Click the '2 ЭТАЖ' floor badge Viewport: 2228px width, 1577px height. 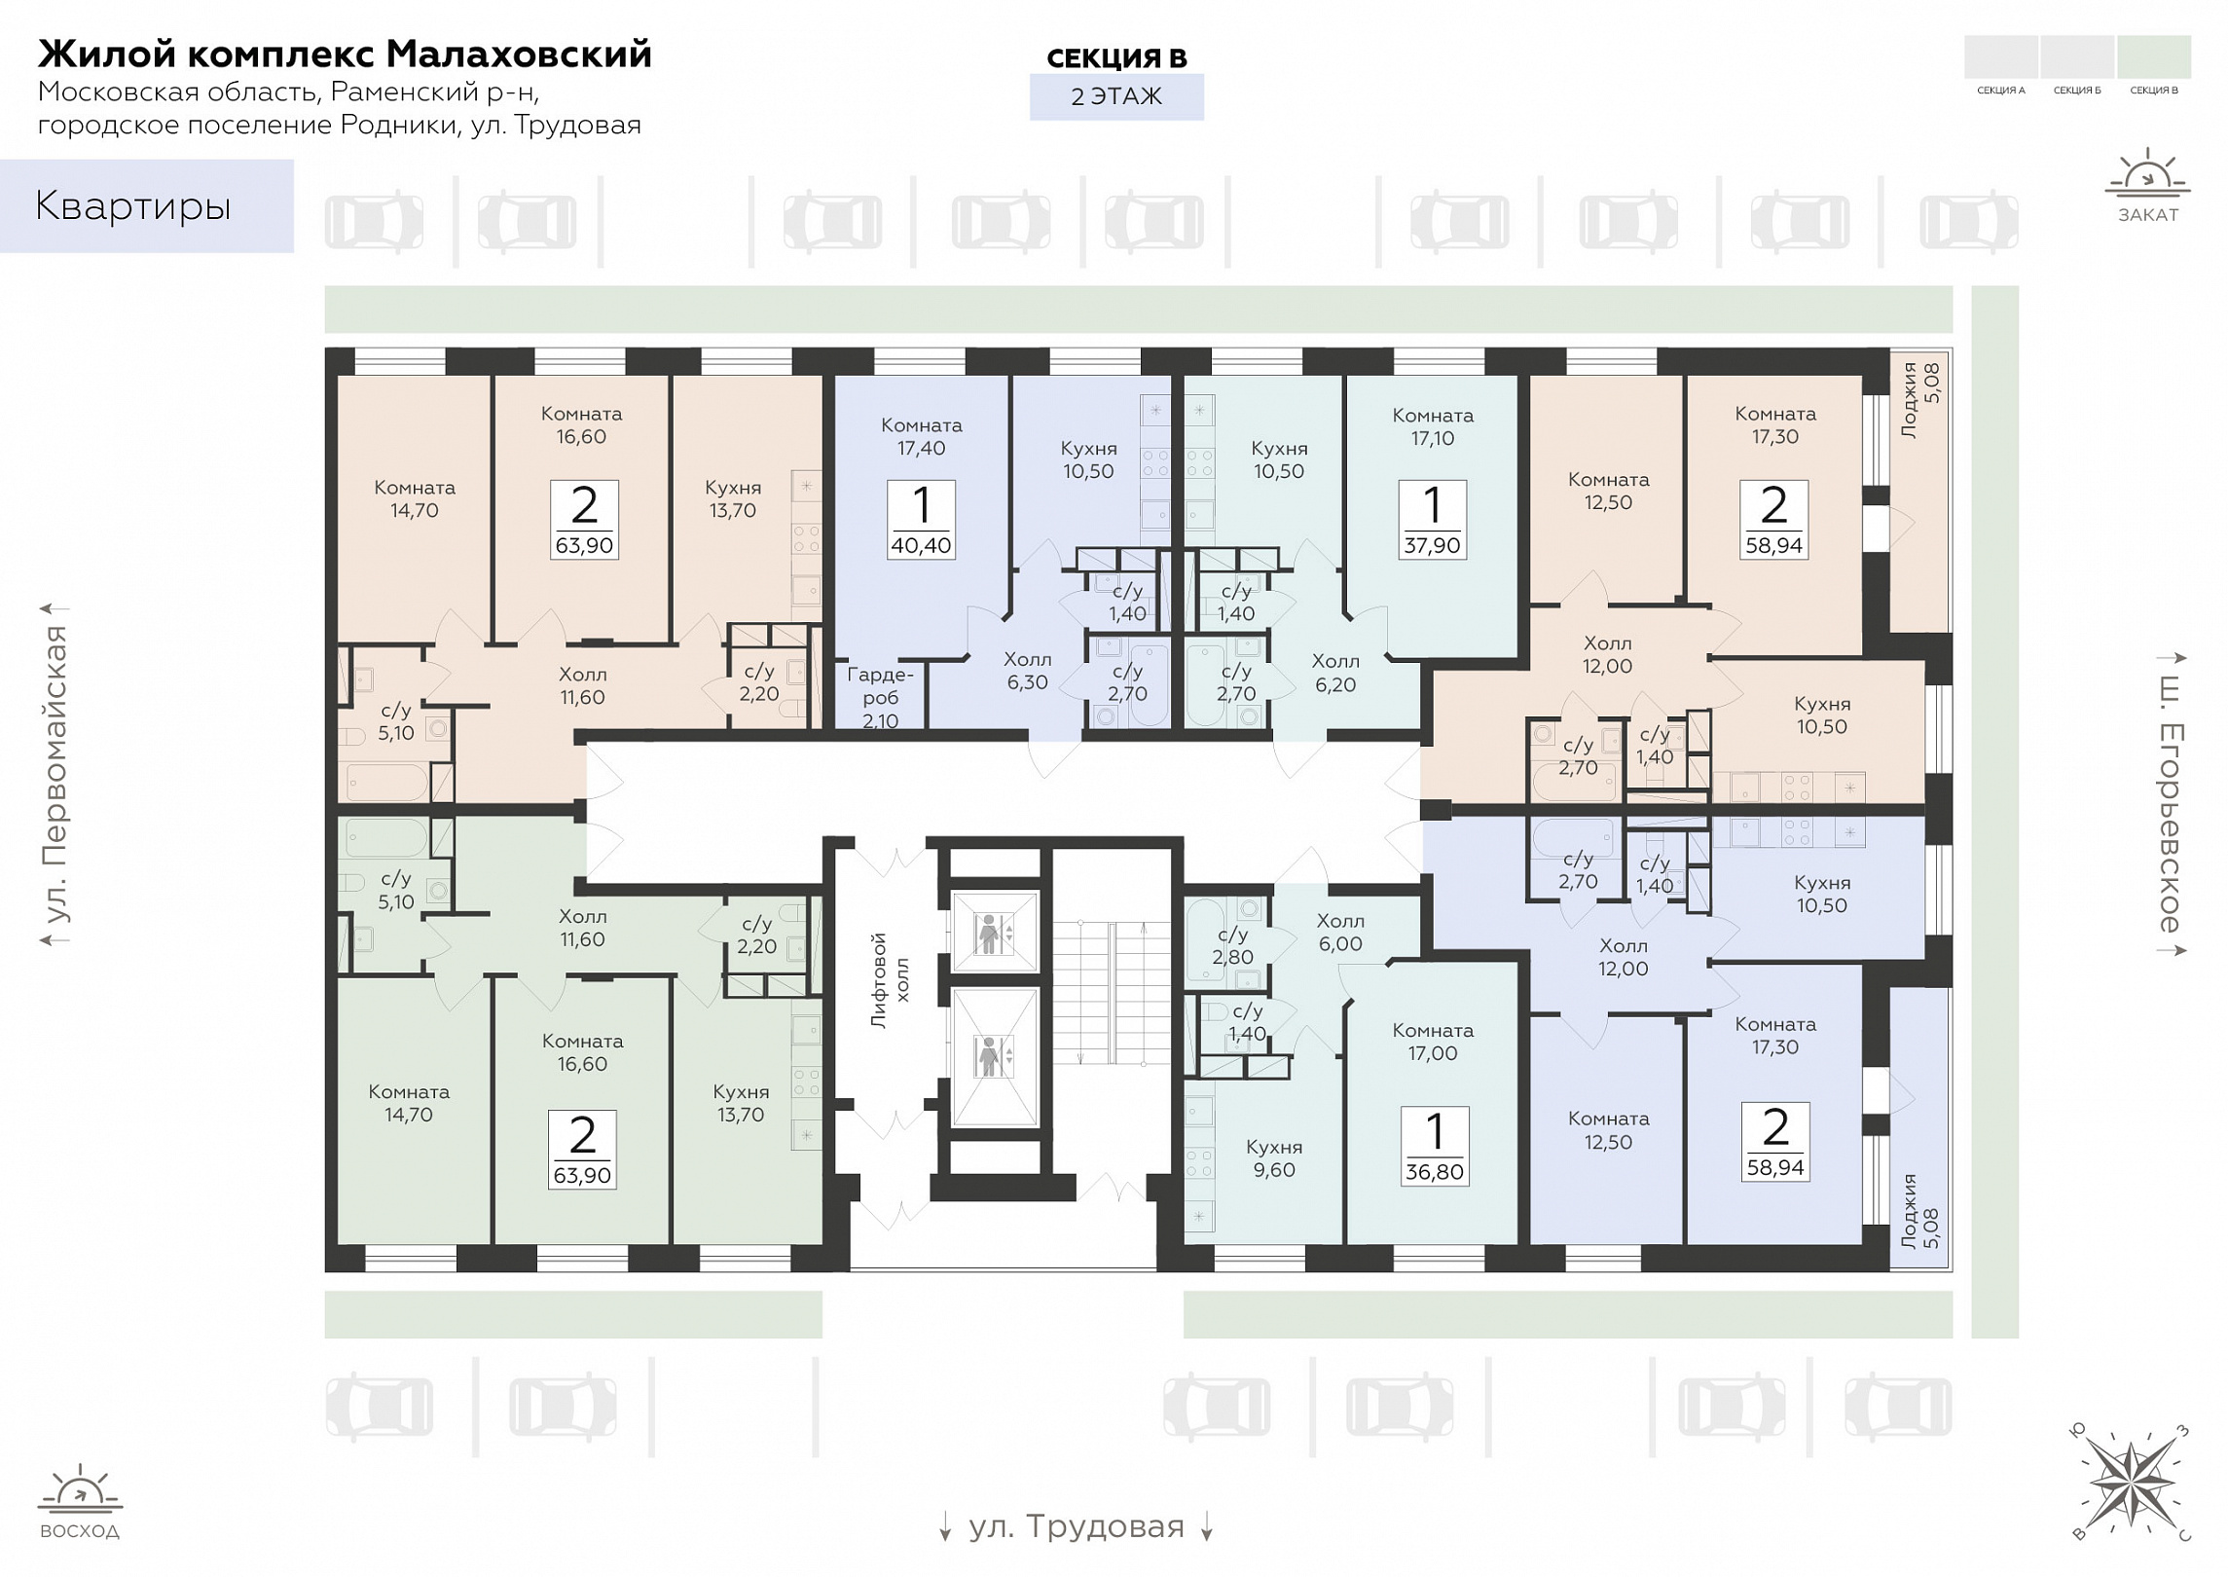click(x=1116, y=96)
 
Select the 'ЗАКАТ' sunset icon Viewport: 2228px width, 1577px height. click(x=2147, y=186)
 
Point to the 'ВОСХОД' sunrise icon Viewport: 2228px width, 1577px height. click(x=80, y=1502)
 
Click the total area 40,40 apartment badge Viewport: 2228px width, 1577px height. click(x=921, y=520)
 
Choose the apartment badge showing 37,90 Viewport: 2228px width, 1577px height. click(x=1432, y=520)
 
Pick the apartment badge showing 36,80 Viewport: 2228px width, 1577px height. click(x=1434, y=1147)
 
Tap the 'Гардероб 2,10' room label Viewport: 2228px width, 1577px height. click(x=880, y=697)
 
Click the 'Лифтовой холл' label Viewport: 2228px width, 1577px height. click(x=890, y=980)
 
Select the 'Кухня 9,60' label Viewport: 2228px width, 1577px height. click(x=1274, y=1158)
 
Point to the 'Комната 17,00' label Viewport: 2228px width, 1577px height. click(x=1433, y=1042)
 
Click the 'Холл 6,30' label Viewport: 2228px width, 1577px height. click(x=1027, y=671)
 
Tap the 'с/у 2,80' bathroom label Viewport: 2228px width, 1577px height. click(x=1232, y=945)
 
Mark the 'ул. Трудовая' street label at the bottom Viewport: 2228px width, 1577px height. click(x=1077, y=1525)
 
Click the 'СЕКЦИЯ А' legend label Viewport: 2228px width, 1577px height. click(x=2001, y=91)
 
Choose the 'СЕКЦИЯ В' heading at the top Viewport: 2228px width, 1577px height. click(x=1116, y=58)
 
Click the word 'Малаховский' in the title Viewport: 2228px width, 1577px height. click(x=519, y=54)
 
